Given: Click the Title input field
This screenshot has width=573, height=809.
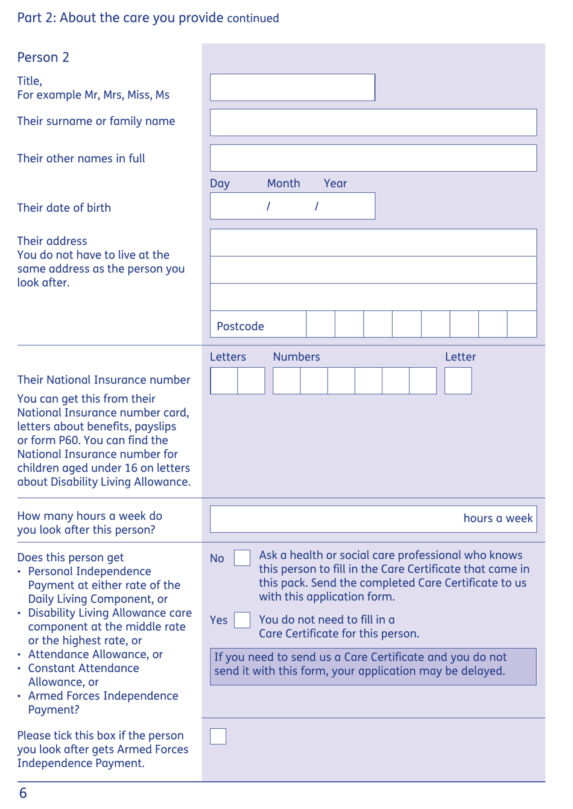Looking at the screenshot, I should click(292, 87).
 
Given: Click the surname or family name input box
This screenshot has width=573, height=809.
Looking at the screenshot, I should click(373, 122).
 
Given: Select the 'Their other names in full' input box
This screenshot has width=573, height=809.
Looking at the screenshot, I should click(373, 158).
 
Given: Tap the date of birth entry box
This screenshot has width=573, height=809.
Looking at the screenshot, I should click(292, 206).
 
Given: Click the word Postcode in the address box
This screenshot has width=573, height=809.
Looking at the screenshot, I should click(240, 326).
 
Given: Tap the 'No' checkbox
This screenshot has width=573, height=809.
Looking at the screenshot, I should click(242, 558).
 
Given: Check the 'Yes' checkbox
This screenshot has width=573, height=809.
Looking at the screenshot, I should click(242, 620).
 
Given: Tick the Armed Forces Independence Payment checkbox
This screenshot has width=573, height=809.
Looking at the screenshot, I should click(218, 736).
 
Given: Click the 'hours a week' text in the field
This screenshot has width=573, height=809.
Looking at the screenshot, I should click(498, 518).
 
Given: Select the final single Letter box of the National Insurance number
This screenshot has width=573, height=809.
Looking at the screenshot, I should click(458, 381).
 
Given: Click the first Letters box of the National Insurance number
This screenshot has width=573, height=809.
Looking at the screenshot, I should click(224, 381).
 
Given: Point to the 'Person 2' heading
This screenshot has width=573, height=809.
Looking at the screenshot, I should click(43, 57).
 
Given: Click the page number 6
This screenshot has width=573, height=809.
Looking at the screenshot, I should click(23, 793).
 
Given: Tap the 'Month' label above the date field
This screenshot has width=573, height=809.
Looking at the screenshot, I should click(283, 183).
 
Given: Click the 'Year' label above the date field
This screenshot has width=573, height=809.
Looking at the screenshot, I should click(335, 183).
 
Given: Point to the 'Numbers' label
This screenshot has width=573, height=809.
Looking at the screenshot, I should click(296, 357).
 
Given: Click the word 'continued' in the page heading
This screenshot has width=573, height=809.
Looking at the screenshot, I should click(253, 19).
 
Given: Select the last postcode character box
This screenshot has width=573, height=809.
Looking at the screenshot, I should click(522, 324).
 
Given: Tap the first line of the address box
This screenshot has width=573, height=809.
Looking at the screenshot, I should click(373, 242).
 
